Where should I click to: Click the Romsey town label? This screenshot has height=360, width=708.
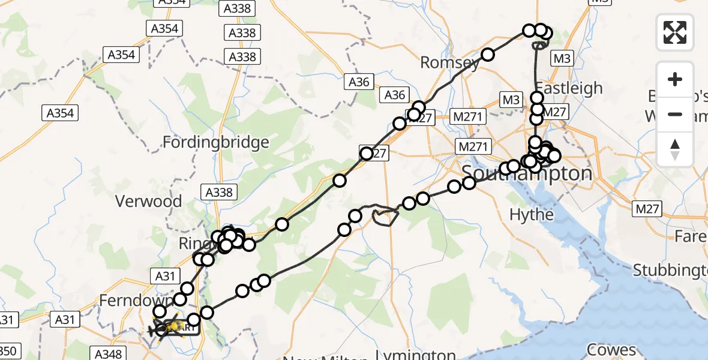click(449, 62)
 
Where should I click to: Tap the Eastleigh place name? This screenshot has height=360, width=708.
click(568, 88)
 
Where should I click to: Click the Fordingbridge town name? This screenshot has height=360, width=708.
click(216, 143)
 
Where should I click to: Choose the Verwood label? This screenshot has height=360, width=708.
click(148, 201)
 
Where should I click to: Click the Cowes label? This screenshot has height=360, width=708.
click(611, 349)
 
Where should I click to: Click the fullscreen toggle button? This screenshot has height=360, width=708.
click(675, 32)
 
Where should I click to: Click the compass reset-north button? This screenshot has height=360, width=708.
click(675, 149)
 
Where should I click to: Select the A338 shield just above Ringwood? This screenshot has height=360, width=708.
click(220, 192)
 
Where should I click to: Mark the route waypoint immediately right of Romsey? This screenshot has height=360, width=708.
click(487, 55)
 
